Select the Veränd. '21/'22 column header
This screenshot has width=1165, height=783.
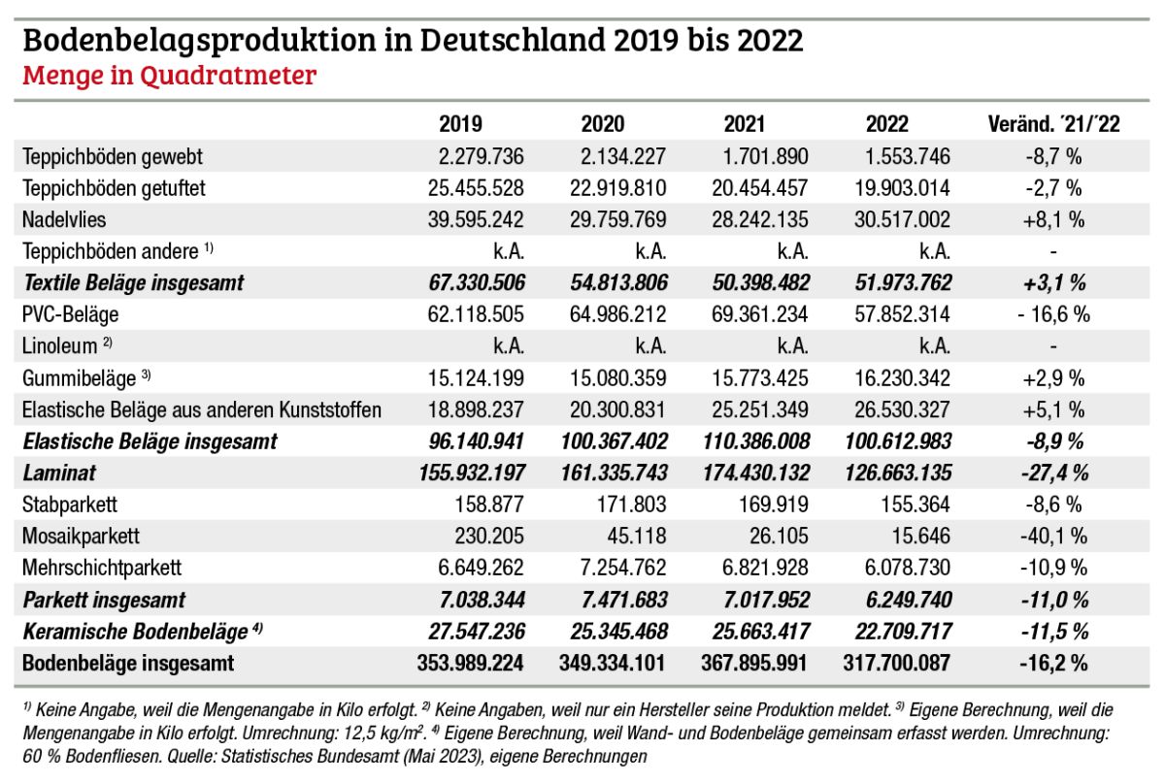click(x=1053, y=123)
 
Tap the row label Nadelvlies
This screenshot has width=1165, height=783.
click(x=63, y=219)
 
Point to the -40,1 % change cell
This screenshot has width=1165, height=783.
click(x=1053, y=537)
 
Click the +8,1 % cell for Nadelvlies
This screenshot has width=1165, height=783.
click(x=1053, y=219)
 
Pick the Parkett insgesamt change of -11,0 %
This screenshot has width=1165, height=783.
click(x=1053, y=600)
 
